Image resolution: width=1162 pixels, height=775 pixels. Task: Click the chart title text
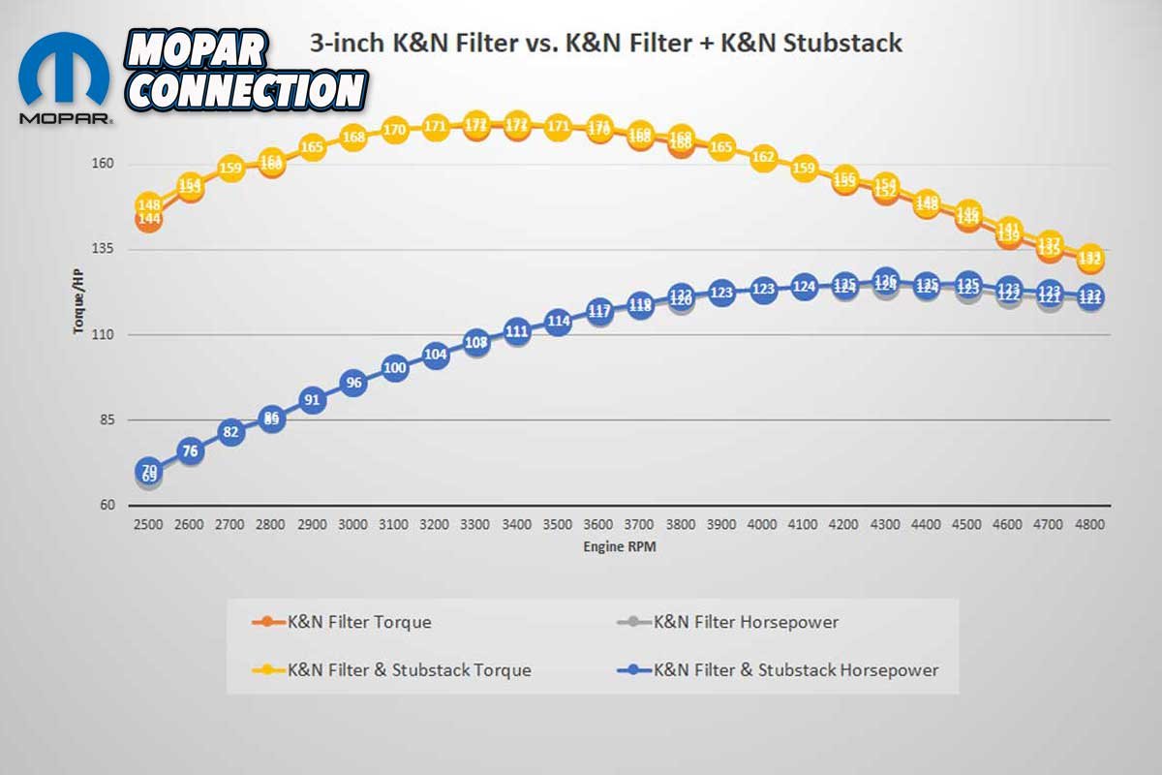(x=605, y=44)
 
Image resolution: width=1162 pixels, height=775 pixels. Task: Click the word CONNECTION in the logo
(x=247, y=90)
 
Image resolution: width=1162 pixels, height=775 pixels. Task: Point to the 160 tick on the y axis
(x=103, y=164)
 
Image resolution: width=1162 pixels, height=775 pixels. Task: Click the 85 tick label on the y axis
(x=107, y=420)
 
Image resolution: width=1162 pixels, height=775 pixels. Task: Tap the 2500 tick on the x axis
(x=148, y=524)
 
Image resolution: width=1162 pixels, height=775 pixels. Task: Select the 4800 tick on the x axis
(x=1090, y=524)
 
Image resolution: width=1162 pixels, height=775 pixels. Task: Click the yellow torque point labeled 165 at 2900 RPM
(x=312, y=147)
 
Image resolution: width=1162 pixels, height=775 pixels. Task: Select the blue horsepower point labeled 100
(x=394, y=368)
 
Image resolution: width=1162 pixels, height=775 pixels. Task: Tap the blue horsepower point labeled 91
(x=312, y=399)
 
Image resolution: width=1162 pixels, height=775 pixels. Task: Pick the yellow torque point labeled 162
(x=763, y=157)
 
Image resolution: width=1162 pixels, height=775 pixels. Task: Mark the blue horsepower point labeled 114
(x=558, y=321)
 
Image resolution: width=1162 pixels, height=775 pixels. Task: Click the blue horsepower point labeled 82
(x=230, y=432)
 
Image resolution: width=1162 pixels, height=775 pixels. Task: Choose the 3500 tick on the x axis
(x=558, y=524)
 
